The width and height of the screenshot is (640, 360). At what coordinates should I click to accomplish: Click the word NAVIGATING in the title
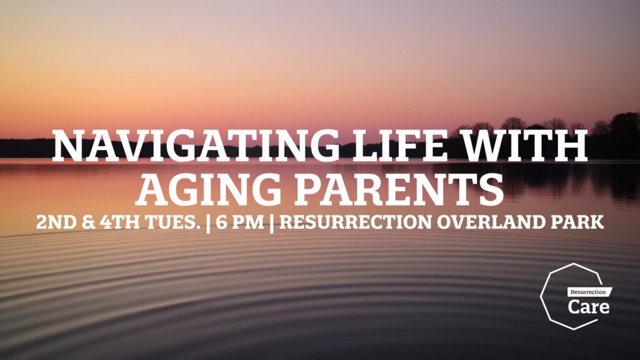pos(195,145)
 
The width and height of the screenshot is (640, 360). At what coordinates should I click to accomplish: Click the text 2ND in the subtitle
pos(56,222)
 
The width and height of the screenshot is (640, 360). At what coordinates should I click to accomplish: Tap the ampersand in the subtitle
pos(89,222)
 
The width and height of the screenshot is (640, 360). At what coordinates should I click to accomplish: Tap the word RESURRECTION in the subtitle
pos(355,222)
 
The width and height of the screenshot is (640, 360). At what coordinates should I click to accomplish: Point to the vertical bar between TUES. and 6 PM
pos(209,224)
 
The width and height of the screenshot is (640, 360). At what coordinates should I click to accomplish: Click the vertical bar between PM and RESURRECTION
pos(272,224)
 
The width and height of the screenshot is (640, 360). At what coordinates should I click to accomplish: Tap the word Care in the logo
pos(589,306)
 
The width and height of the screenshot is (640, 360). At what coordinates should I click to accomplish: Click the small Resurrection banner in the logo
pos(590,292)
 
